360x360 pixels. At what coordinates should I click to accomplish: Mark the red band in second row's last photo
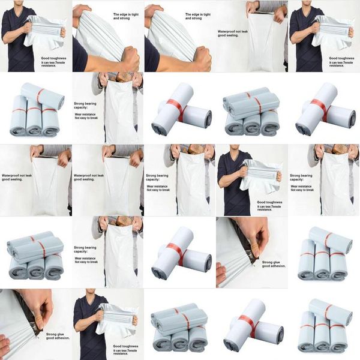tap(319, 107)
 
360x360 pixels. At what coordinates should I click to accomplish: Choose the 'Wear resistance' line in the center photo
tap(158, 186)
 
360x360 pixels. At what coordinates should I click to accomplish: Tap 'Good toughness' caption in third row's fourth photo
tap(269, 202)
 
